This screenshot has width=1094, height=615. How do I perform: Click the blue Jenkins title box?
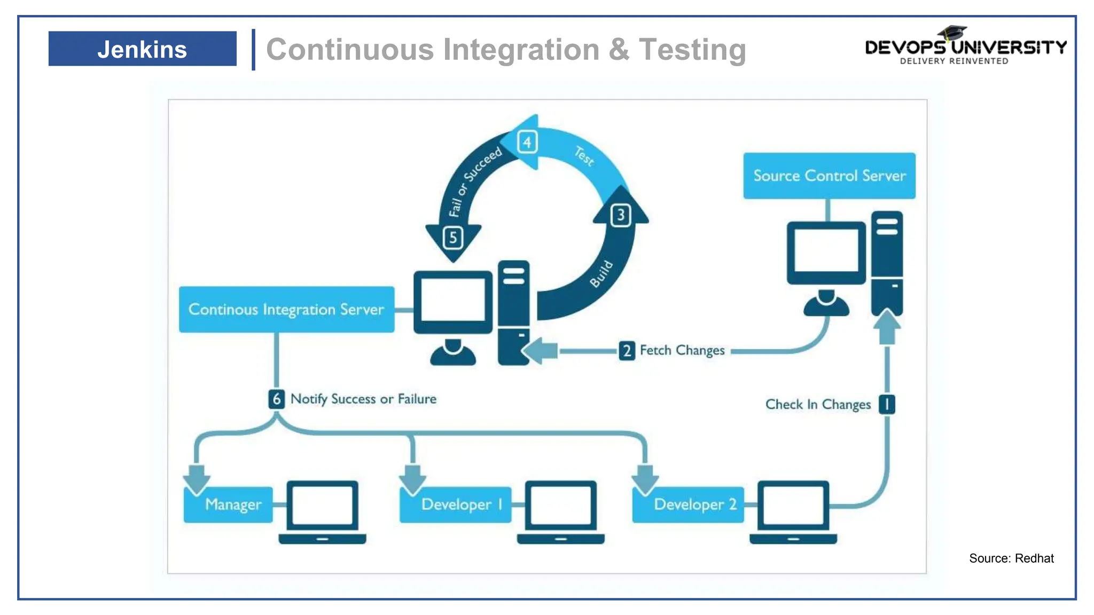tap(142, 49)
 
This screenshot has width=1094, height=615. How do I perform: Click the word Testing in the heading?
tap(692, 50)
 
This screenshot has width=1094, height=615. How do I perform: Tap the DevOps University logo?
tap(965, 47)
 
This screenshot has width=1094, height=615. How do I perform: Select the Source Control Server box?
tap(829, 176)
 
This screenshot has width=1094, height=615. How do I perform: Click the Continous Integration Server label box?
tap(286, 310)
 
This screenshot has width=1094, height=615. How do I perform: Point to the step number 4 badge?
tap(527, 142)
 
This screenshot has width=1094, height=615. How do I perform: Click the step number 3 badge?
tap(621, 215)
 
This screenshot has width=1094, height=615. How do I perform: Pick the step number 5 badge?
tap(453, 238)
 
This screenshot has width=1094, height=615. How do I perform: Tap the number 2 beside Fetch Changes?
tap(627, 351)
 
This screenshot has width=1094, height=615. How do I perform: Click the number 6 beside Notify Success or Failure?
tap(276, 399)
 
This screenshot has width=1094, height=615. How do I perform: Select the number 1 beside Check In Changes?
tap(887, 404)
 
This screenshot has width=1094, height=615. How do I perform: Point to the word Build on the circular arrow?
tap(601, 274)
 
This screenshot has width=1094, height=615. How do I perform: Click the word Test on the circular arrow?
tap(584, 156)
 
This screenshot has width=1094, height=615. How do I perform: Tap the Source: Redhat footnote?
tap(1011, 558)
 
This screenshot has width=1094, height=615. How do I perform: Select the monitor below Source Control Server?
tap(826, 253)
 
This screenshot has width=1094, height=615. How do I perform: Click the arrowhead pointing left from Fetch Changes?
tap(537, 351)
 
